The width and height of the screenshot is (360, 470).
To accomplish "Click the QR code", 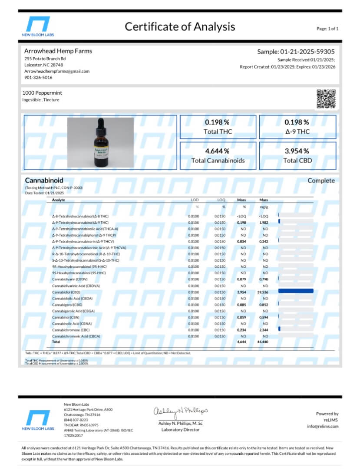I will coord(326,99).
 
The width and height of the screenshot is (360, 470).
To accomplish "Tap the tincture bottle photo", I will coord(100,142).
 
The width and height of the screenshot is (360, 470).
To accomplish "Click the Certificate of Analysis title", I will coord(180,26).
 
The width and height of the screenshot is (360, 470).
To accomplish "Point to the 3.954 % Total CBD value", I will coord(297,151).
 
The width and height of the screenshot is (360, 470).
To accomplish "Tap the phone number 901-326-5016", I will coord(38,78).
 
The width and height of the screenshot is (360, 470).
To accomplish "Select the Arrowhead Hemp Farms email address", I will coord(56,71).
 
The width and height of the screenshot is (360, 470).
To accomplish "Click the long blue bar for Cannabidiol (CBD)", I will coord(296,291).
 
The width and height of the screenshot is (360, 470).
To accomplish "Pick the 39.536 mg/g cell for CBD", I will coord(262,292).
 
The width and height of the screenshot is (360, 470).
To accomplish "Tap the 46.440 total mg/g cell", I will coord(262,342).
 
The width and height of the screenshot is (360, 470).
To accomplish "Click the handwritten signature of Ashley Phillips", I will coord(180,411).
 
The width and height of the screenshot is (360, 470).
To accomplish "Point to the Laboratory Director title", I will coord(180,430).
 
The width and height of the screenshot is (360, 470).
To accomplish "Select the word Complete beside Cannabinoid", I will coord(321,181).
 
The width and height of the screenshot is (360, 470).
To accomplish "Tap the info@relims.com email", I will coord(322,426).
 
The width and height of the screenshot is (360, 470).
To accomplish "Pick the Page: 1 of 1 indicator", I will coord(327,29).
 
